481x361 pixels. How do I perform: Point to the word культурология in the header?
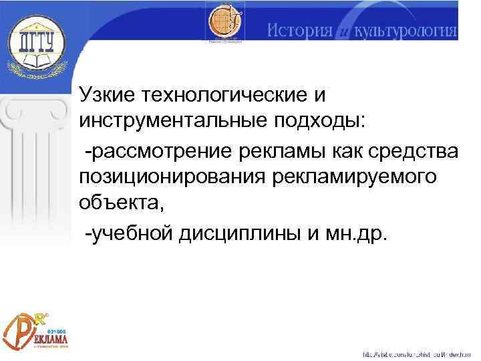408,31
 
